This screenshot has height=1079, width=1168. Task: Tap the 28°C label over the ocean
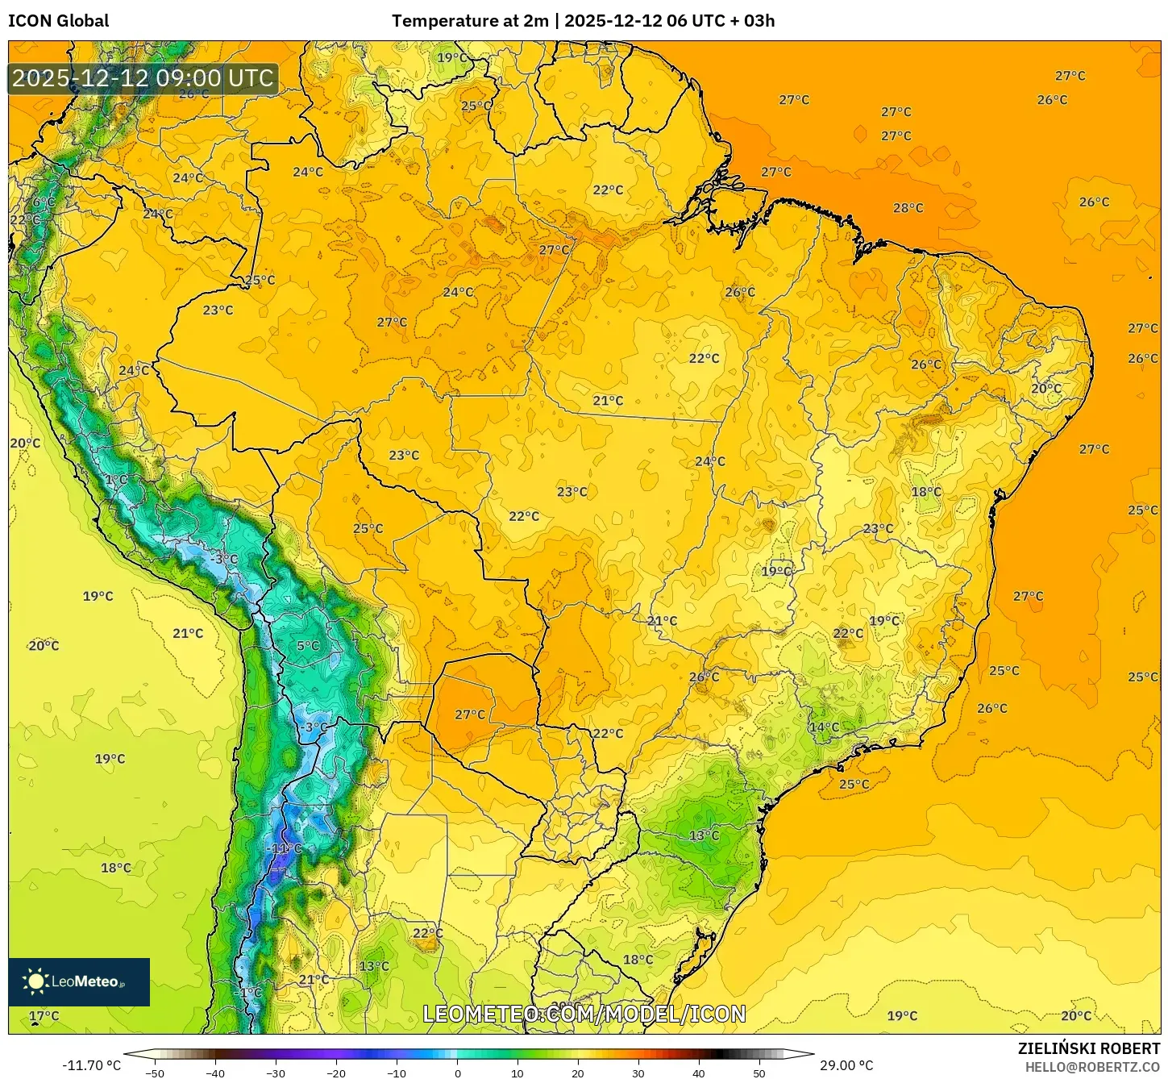(x=908, y=208)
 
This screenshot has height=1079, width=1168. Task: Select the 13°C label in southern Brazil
(x=704, y=835)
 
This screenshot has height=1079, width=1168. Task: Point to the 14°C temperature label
(x=824, y=727)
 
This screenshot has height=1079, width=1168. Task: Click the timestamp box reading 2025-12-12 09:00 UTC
(x=143, y=78)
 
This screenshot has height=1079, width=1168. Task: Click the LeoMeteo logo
(x=79, y=981)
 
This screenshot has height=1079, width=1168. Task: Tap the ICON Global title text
(x=58, y=21)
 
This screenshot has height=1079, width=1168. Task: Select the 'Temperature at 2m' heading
(x=469, y=21)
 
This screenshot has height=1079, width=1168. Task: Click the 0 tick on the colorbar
(x=457, y=1073)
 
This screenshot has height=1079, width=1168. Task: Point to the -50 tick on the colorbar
(x=154, y=1073)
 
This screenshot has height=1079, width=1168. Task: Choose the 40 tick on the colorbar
(x=698, y=1073)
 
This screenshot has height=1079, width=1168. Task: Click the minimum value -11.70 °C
(x=91, y=1065)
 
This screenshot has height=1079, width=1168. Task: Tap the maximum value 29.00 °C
(x=846, y=1065)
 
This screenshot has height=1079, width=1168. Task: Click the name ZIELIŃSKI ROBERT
(x=1088, y=1048)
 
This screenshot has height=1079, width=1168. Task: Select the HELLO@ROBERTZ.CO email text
(x=1092, y=1067)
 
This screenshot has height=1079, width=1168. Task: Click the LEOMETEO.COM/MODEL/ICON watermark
(x=584, y=1014)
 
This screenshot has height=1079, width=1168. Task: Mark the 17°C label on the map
(x=44, y=1016)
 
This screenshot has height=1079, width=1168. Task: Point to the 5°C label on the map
(x=308, y=646)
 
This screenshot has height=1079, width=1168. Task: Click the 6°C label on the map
(x=44, y=202)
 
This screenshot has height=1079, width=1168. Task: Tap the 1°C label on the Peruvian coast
(x=116, y=480)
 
